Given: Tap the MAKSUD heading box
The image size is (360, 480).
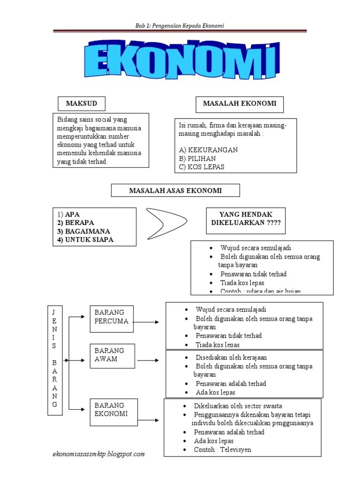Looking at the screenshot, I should pyautogui.click(x=81, y=104).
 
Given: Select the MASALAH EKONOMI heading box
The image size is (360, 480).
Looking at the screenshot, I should pyautogui.click(x=239, y=105).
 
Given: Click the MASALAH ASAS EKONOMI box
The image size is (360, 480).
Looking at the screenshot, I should pyautogui.click(x=175, y=190).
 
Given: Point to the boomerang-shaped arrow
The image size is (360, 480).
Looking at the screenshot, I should pyautogui.click(x=166, y=223).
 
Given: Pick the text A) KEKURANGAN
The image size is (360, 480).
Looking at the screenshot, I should pyautogui.click(x=209, y=150).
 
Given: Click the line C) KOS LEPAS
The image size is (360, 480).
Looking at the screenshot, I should pyautogui.click(x=202, y=167).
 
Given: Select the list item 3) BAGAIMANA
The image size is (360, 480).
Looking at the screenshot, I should pyautogui.click(x=84, y=231).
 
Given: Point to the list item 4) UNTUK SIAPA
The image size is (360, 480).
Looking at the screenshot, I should pyautogui.click(x=85, y=240).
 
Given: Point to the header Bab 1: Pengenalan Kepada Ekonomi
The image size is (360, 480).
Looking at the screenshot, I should pyautogui.click(x=180, y=25).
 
